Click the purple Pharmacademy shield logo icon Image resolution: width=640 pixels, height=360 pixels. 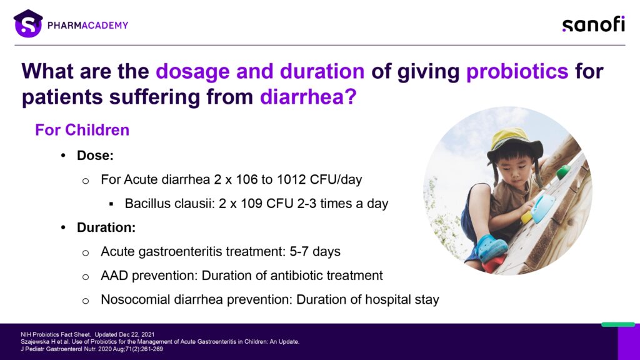click(28, 24)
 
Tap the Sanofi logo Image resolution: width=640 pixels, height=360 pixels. click(594, 24)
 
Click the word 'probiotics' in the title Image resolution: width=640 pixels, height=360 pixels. click(517, 71)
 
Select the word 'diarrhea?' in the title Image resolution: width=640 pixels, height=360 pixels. click(308, 97)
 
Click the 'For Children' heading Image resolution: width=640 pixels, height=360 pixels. click(82, 130)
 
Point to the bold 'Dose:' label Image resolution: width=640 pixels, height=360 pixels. click(95, 156)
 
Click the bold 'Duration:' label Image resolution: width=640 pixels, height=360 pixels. click(106, 227)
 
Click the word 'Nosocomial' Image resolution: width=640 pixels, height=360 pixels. click(136, 299)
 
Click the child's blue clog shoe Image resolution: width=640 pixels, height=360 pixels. click(491, 247)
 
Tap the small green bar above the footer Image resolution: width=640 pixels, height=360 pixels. click(618, 324)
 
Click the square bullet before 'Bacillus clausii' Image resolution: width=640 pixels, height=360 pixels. click(111, 204)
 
